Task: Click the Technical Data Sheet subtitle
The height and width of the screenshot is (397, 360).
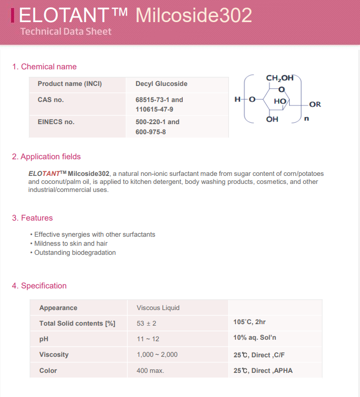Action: click(x=66, y=31)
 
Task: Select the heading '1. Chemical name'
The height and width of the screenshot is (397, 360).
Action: click(x=44, y=66)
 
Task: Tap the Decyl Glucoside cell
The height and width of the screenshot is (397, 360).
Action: click(x=161, y=83)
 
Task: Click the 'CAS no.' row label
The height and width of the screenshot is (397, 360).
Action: click(x=51, y=100)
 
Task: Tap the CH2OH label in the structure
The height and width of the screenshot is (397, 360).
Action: click(x=279, y=78)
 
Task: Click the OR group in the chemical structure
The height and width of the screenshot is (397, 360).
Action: click(x=315, y=104)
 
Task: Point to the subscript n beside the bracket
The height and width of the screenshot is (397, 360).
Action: click(x=307, y=119)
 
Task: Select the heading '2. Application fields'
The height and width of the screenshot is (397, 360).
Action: click(x=46, y=156)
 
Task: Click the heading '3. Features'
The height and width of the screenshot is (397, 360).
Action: click(x=32, y=218)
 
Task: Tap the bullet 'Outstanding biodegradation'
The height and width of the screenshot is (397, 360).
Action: click(x=75, y=252)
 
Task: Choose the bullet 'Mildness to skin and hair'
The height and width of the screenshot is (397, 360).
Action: click(x=71, y=243)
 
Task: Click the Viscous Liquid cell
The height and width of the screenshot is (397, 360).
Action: click(x=158, y=308)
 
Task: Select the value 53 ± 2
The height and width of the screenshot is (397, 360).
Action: click(x=150, y=323)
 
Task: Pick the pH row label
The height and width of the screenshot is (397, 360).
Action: click(x=44, y=339)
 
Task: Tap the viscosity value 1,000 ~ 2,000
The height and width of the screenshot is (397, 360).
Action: click(x=157, y=354)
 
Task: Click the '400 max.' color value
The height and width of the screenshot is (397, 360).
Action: click(x=150, y=370)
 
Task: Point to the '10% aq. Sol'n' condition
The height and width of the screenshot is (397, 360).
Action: click(x=255, y=338)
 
